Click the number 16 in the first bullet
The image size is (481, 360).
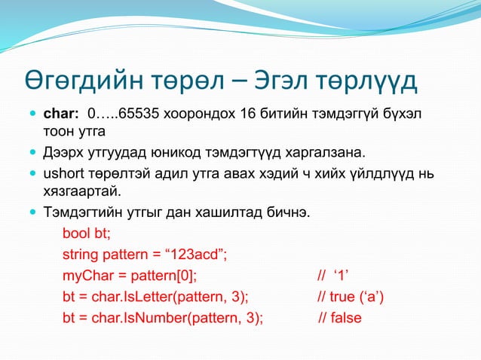247,114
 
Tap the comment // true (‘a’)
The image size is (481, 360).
351,296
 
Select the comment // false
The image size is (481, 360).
340,317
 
